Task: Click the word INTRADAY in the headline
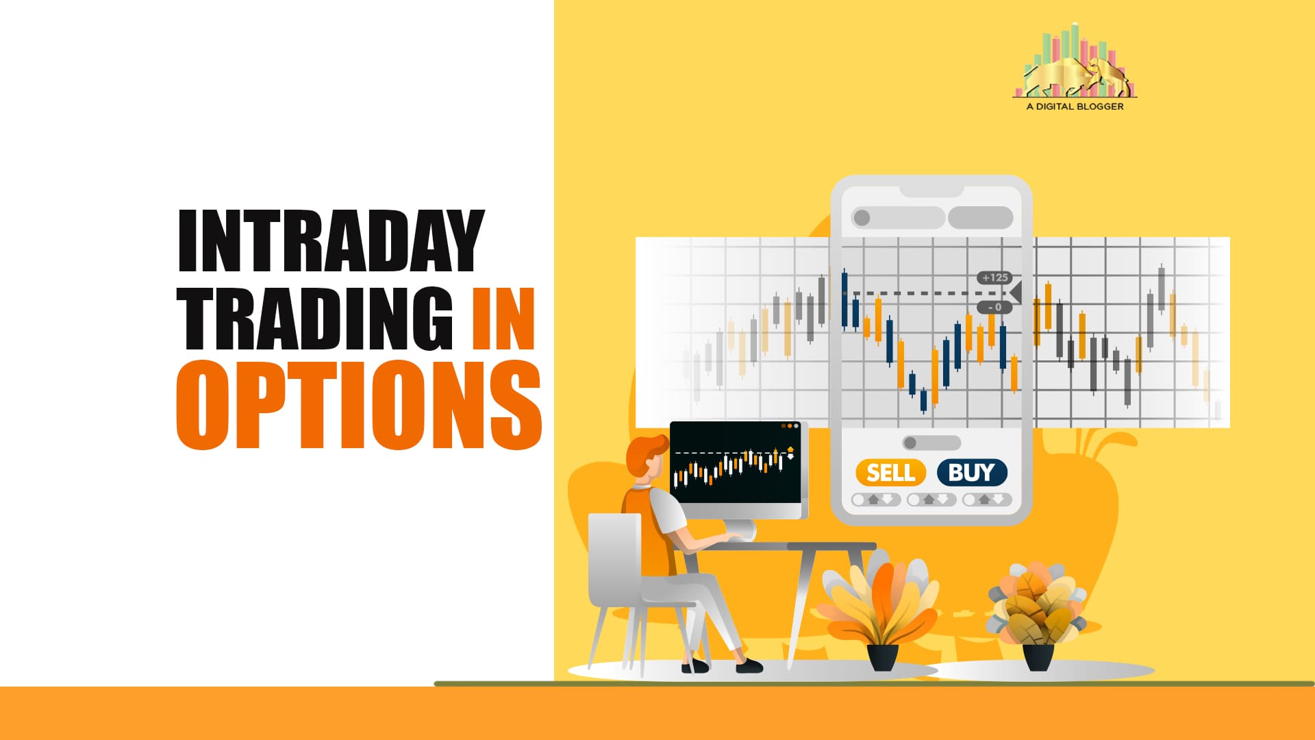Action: tap(331, 241)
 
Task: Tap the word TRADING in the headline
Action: tap(315, 319)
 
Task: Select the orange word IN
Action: tap(503, 319)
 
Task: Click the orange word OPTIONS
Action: tap(359, 405)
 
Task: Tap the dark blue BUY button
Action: tap(972, 473)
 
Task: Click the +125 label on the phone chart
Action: tap(994, 277)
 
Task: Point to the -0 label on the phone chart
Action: tap(994, 307)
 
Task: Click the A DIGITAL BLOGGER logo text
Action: tap(1075, 106)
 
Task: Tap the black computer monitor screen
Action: tap(736, 463)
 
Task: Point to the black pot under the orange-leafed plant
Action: tap(883, 657)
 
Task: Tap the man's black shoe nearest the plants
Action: tap(749, 665)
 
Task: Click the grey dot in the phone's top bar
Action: tap(862, 218)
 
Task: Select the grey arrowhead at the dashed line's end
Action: tap(1016, 293)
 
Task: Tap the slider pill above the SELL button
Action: tap(931, 443)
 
